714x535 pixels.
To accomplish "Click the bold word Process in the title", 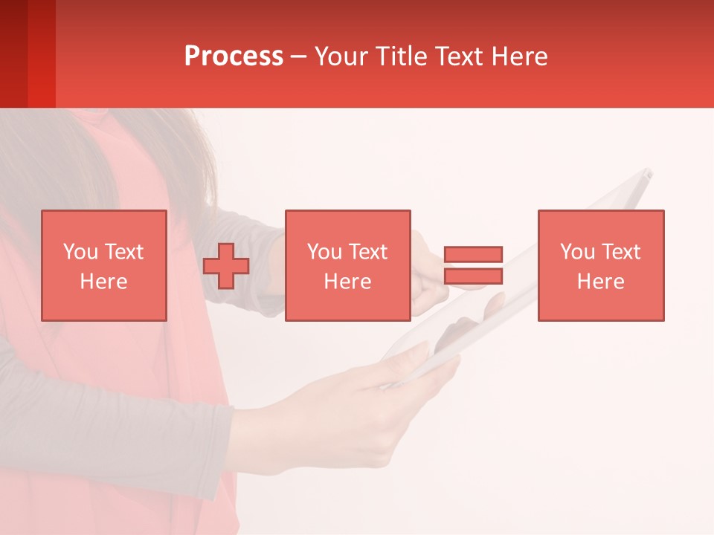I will coord(234,56).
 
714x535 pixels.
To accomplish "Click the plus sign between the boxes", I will coord(226,266).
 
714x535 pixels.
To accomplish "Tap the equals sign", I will coord(474,265).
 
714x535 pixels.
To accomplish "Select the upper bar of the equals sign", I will coord(474,255).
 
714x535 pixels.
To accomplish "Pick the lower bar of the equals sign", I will coord(474,276).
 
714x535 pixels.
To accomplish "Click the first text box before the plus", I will coord(104,265).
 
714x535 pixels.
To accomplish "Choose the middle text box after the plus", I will coord(348,265).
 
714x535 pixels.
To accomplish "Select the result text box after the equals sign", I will coord(601,265).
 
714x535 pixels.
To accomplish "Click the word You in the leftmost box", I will coord(80,252).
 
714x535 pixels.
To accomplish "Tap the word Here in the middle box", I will coord(348,282).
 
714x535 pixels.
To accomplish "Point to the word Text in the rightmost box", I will coord(621,252).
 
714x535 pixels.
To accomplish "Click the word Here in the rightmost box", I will coord(601,282).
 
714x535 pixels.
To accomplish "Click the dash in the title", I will coord(298,57).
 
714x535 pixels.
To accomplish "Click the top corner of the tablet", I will coord(646,174).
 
